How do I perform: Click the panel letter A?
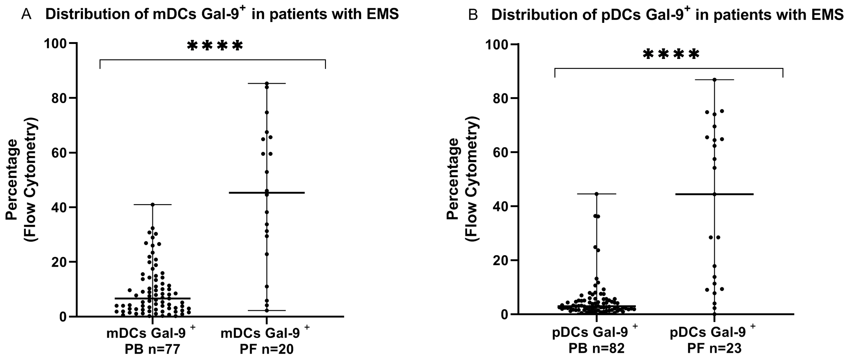[x=26, y=14]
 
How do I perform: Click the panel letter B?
[x=473, y=15]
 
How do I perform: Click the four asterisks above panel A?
[x=215, y=46]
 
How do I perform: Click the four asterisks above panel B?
[x=671, y=55]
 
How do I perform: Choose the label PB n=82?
[x=596, y=348]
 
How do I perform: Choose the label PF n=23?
[x=714, y=348]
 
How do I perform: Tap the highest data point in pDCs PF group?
[x=715, y=80]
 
